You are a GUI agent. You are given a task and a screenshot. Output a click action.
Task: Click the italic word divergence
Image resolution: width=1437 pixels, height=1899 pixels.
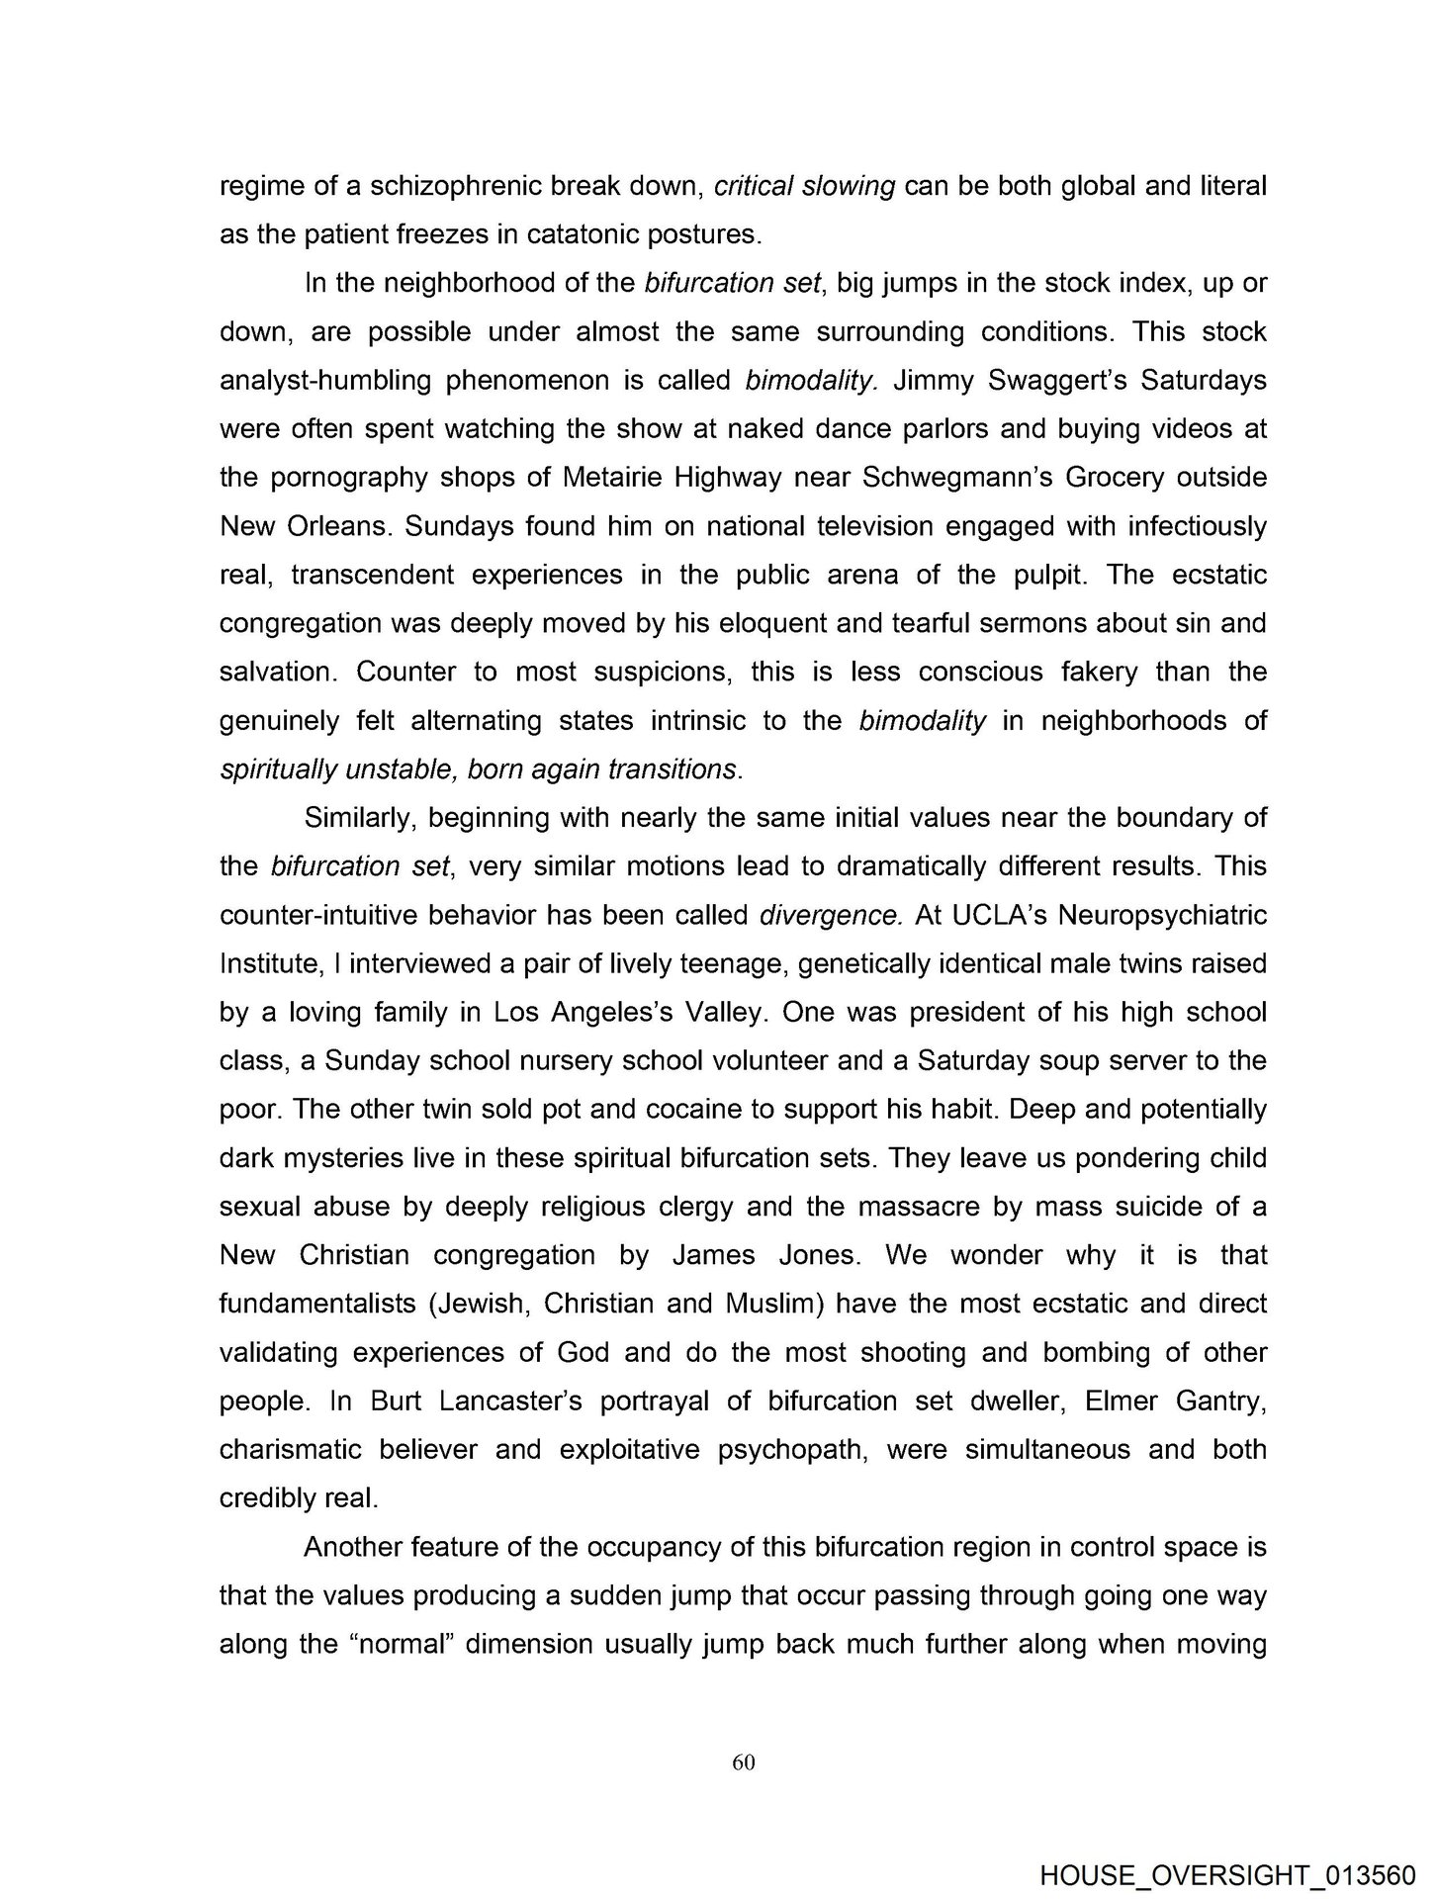pyautogui.click(x=830, y=915)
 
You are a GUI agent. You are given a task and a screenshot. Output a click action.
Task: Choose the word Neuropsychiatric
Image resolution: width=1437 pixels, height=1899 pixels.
pyautogui.click(x=1162, y=915)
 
